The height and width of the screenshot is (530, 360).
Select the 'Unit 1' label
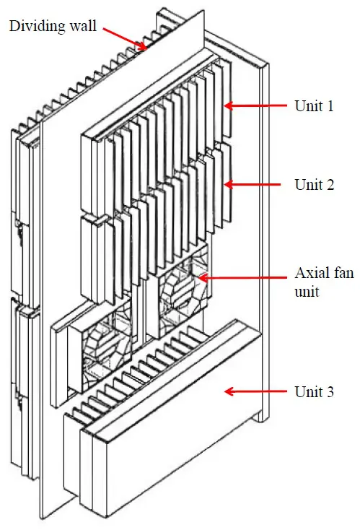pos(314,105)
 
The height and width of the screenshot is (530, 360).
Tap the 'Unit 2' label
pos(314,184)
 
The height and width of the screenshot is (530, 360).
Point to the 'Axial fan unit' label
pos(318,284)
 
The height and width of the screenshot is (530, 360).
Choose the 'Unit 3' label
pos(314,391)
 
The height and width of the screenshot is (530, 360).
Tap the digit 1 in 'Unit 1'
pos(329,105)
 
